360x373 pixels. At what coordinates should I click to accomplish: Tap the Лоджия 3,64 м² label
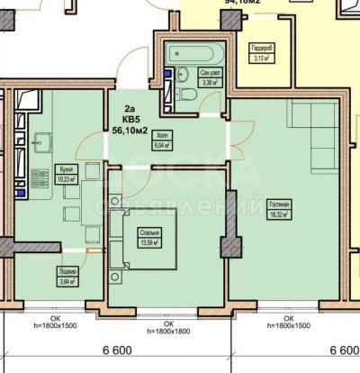tap(67, 275)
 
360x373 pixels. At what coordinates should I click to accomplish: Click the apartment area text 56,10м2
tap(130, 129)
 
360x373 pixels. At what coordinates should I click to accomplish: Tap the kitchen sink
tap(41, 141)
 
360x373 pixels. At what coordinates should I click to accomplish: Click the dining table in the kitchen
tap(72, 211)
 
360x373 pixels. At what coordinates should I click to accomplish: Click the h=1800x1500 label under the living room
tap(289, 323)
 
